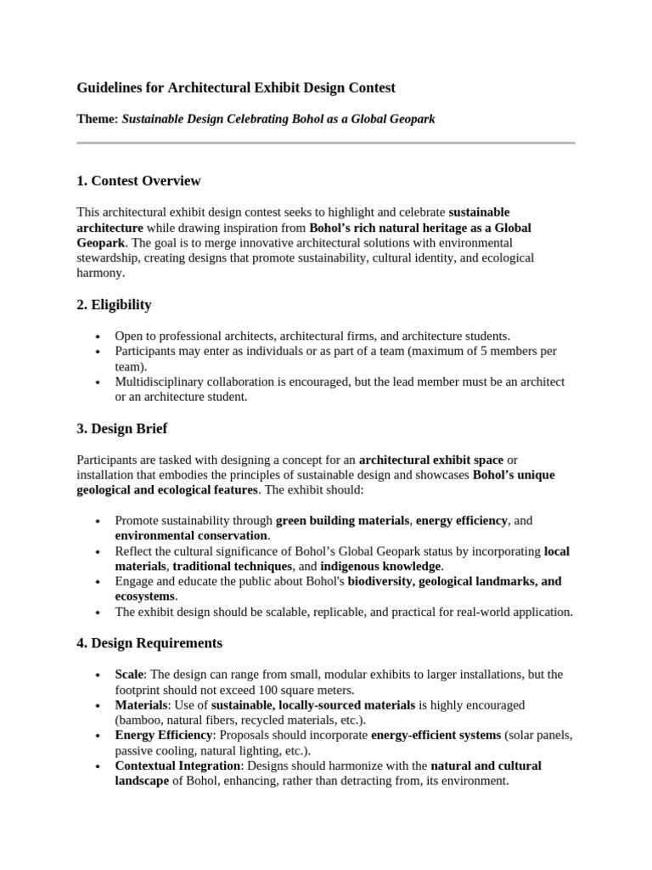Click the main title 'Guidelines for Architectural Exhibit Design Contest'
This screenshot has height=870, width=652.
[236, 88]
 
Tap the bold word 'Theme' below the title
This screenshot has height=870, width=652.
[97, 119]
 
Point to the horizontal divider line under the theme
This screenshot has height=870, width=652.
[326, 143]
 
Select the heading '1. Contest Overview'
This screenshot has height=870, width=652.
[138, 181]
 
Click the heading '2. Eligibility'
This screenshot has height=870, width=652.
[114, 304]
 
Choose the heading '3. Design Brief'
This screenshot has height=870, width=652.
[121, 428]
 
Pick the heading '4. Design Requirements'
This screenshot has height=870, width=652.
[149, 643]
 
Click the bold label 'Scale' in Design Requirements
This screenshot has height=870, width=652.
[130, 674]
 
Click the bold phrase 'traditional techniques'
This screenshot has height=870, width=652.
[233, 566]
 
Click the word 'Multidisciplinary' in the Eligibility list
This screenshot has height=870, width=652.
[160, 381]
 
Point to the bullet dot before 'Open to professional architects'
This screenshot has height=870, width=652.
[99, 336]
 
